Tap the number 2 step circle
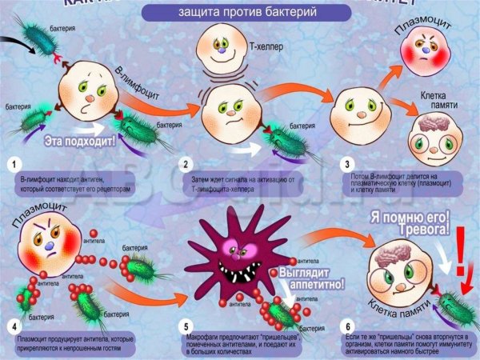[x=184, y=165]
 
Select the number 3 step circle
[x=346, y=165]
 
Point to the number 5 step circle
[x=184, y=326]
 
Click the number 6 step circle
[x=346, y=326]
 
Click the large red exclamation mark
[x=459, y=260]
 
